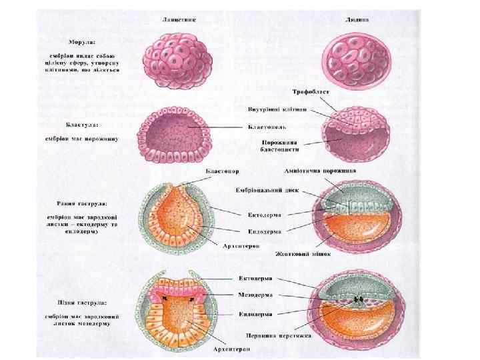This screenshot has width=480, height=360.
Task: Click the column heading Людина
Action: click(358, 19)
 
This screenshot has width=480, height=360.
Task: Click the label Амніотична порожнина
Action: click(320, 171)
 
